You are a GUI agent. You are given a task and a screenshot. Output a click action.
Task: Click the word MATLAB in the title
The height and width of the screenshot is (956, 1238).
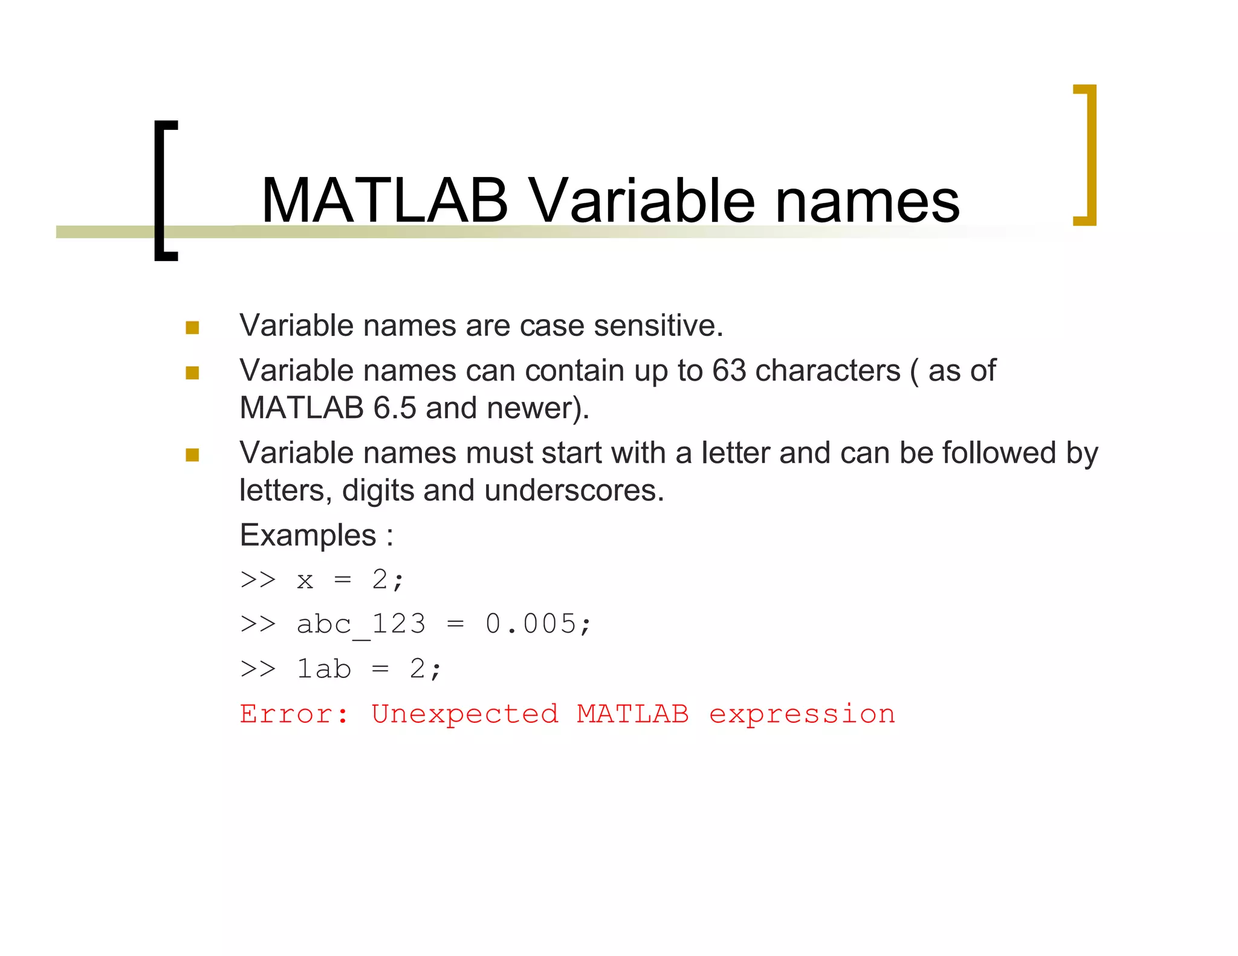[384, 201]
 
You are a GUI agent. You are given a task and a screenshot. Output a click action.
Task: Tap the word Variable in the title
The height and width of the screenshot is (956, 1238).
[641, 201]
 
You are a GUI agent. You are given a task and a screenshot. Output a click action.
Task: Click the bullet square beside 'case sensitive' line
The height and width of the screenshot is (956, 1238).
[192, 328]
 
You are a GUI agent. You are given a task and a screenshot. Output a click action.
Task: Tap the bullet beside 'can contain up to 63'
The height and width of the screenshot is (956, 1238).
[192, 373]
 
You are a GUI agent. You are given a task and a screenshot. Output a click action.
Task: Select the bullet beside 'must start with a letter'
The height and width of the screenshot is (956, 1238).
[192, 454]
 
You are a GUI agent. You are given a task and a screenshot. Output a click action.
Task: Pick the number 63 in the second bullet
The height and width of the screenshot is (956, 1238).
[729, 370]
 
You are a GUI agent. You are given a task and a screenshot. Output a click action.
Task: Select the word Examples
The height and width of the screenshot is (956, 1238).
[308, 535]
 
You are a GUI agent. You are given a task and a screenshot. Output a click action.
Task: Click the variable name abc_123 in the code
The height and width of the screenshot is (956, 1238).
[361, 624]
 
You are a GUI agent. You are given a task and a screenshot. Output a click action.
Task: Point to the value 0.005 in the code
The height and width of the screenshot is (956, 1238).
[531, 624]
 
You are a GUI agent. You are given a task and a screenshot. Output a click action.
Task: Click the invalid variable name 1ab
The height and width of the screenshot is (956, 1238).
[323, 669]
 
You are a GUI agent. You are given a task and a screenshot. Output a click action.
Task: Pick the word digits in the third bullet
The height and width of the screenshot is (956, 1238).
[378, 491]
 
